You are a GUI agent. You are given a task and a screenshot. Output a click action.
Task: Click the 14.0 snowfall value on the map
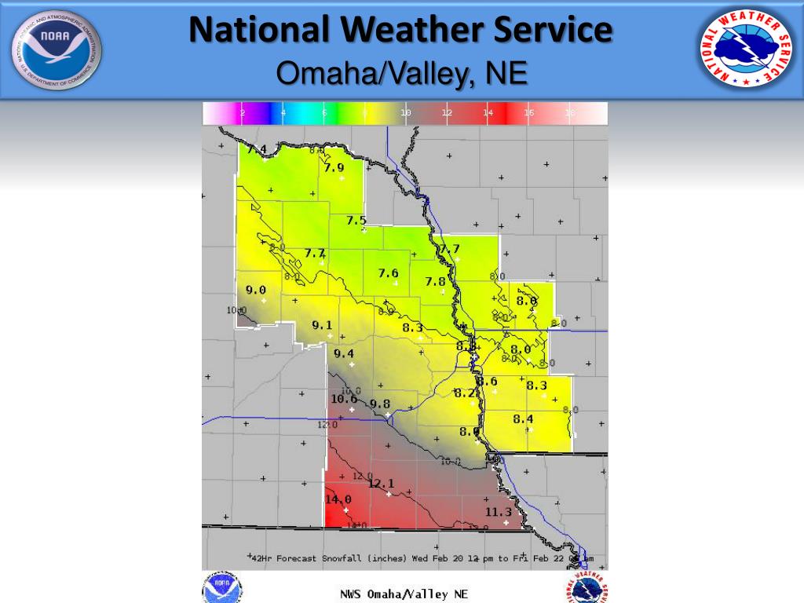coord(338,499)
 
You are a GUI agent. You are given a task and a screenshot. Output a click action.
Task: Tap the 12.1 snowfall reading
coord(381,484)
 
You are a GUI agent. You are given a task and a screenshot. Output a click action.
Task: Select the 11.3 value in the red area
coord(498,513)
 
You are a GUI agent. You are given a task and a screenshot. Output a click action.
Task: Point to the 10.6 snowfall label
coord(344,399)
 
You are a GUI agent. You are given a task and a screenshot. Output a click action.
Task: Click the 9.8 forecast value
coord(380,404)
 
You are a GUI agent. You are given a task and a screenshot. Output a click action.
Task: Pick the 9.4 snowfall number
coord(344,354)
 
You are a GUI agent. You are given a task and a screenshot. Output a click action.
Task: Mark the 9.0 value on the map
coord(256,291)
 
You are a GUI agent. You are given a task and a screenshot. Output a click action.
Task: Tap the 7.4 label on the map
coord(257,149)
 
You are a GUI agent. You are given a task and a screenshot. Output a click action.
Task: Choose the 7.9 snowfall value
coord(334,167)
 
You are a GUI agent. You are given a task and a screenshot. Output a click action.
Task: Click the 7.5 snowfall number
coord(356,221)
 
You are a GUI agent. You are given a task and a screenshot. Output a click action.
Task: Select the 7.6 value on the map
coord(388,273)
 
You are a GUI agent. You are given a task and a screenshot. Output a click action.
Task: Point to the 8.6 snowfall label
coord(488,382)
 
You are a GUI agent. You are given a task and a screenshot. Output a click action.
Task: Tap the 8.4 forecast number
coord(523,419)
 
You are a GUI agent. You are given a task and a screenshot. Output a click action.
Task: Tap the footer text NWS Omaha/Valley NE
coord(404,594)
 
